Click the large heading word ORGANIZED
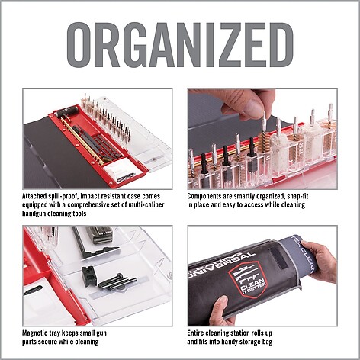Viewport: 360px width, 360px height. coord(180,45)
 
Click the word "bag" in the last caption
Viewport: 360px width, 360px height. coord(266,342)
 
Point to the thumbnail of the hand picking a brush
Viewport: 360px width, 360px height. coord(262,139)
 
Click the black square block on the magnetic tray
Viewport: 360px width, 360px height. coord(89,275)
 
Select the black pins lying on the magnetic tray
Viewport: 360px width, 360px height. coord(117,281)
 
